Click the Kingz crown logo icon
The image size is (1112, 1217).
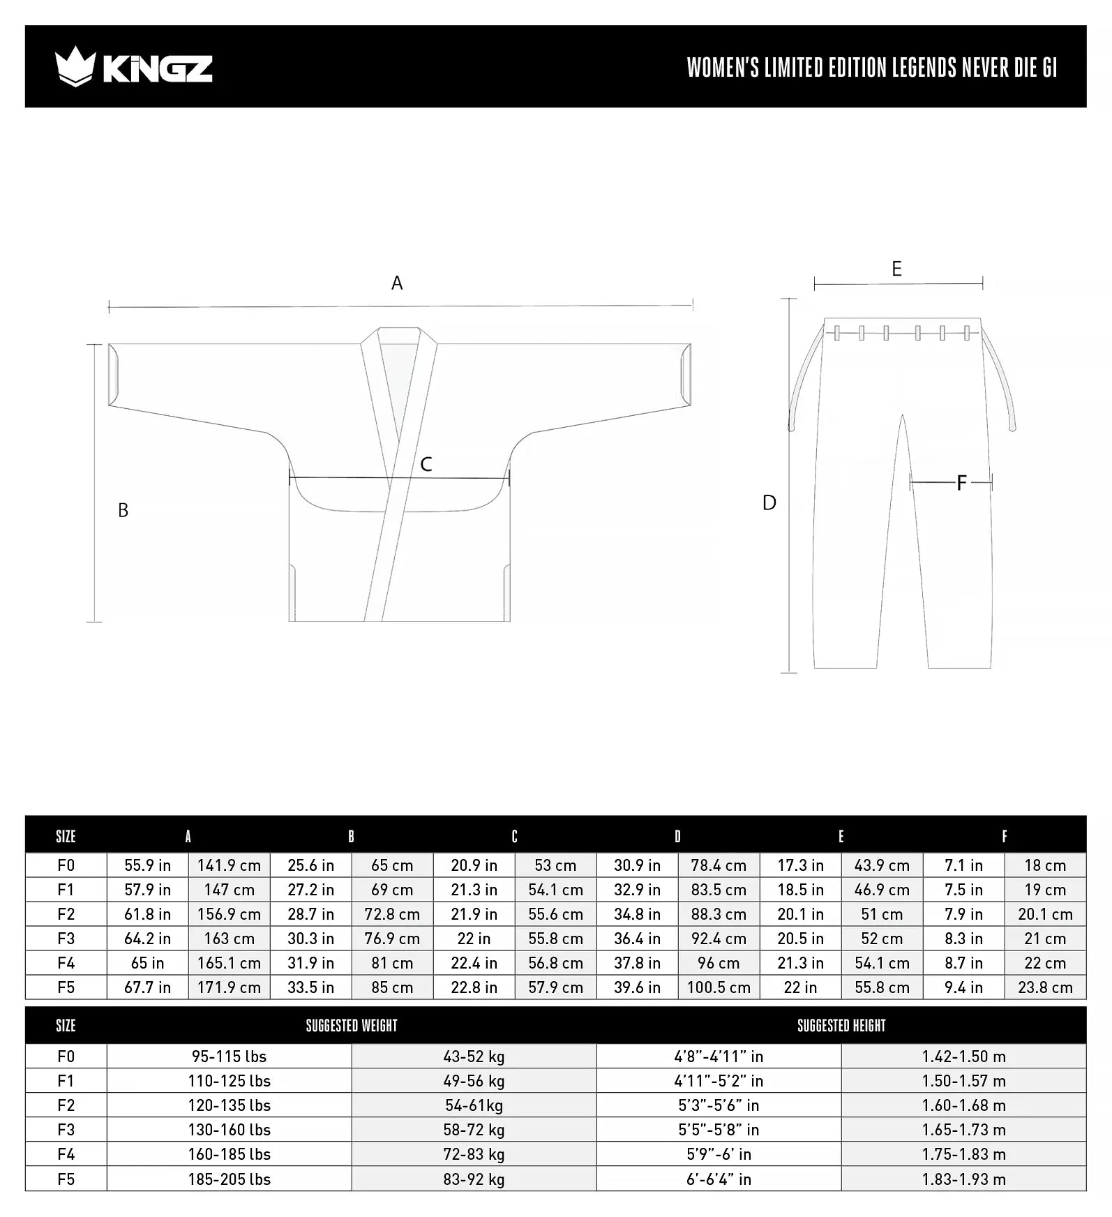click(x=74, y=67)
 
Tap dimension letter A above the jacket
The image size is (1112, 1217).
click(x=397, y=283)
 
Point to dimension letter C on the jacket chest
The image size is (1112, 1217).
click(x=426, y=465)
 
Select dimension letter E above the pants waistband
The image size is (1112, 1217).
click(x=896, y=269)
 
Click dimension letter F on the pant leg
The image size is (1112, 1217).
click(x=961, y=483)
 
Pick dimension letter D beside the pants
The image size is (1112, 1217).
click(x=769, y=503)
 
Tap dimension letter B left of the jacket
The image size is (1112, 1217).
click(x=123, y=511)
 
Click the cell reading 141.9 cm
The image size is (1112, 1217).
click(x=229, y=865)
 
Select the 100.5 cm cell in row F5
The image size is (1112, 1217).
click(x=719, y=987)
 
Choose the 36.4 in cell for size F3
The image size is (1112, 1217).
click(x=637, y=939)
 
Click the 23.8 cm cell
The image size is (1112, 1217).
click(x=1045, y=987)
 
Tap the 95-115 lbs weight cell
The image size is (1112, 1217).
click(x=229, y=1057)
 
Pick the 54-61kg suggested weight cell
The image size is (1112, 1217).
click(x=474, y=1105)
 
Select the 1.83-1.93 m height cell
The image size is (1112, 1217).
click(x=963, y=1179)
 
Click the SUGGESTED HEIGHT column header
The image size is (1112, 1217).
click(x=841, y=1026)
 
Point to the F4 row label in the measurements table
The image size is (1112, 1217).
click(x=66, y=963)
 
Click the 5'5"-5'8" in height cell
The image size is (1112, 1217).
click(x=719, y=1130)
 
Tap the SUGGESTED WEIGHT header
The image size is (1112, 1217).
click(x=352, y=1026)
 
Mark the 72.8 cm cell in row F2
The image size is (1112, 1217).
click(x=392, y=914)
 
